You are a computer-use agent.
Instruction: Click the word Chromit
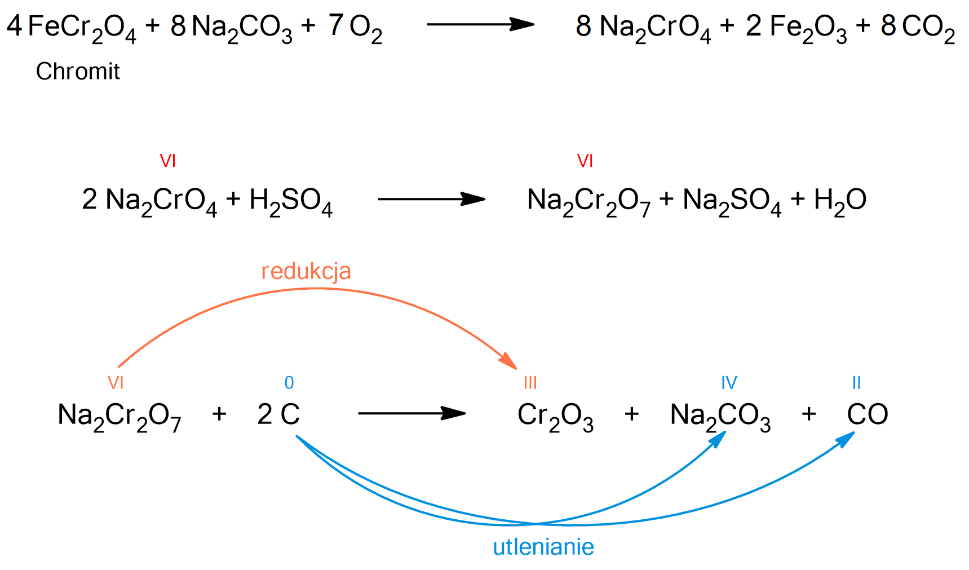point(78,72)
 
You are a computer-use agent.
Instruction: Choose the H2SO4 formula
point(291,201)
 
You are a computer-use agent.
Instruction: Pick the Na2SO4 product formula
point(732,201)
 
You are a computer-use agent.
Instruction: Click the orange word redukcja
point(306,271)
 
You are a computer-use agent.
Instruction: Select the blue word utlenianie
point(543,547)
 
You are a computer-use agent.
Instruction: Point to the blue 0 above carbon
point(289,383)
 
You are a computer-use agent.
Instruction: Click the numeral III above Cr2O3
point(530,383)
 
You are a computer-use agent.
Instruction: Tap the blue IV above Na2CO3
point(729,383)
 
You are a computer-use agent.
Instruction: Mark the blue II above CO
point(856,383)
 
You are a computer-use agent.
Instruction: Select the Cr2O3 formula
point(555,416)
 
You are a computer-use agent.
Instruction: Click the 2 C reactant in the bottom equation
point(278,415)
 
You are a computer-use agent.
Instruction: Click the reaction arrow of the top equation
point(480,24)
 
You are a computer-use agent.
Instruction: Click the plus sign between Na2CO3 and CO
point(808,414)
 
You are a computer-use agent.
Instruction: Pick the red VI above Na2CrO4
point(168,161)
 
